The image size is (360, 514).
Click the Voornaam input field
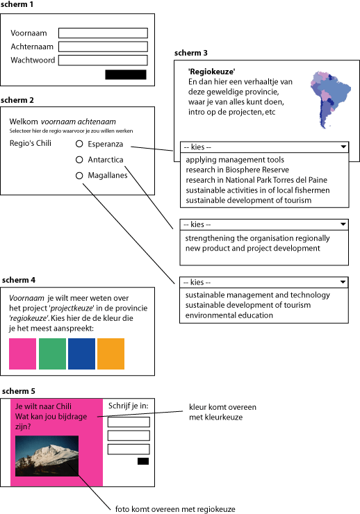point(103,33)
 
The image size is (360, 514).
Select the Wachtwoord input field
point(103,60)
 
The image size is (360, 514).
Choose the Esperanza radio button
point(79,144)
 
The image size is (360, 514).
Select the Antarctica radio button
point(79,160)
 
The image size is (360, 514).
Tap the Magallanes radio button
point(79,176)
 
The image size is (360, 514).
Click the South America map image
point(329,99)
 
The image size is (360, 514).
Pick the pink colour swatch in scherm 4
point(23,354)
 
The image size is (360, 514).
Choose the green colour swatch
point(52,354)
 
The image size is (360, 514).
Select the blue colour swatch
point(81,354)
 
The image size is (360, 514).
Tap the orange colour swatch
point(111,354)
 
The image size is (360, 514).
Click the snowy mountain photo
point(47,456)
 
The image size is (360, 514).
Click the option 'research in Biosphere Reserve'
point(238,169)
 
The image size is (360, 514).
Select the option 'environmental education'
point(229,315)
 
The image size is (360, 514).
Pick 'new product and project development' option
point(252,248)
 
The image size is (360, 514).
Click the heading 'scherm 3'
point(191,53)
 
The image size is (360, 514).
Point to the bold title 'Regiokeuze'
point(211,72)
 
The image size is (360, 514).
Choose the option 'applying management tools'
point(235,160)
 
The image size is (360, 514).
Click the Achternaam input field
point(103,47)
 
